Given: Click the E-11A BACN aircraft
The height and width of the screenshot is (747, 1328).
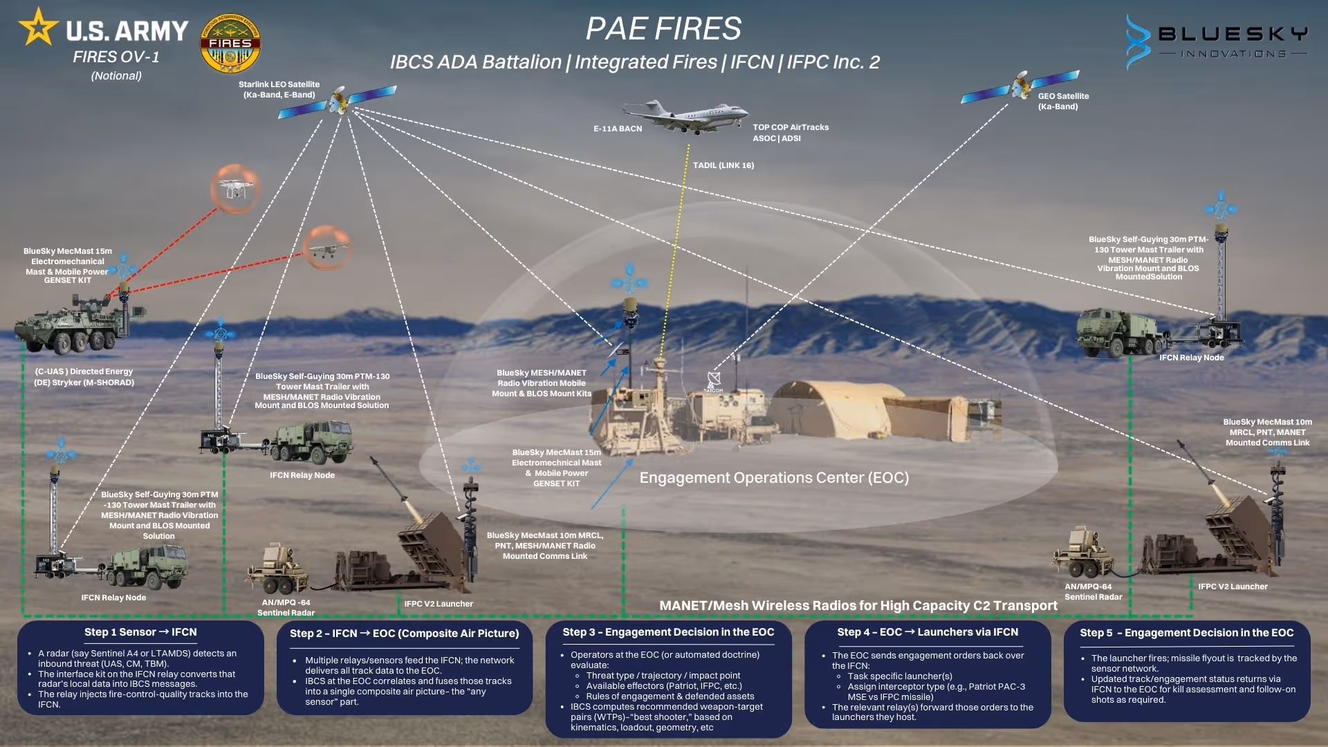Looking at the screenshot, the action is click(685, 115).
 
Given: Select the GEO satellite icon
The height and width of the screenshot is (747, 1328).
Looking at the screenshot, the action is click(1021, 86).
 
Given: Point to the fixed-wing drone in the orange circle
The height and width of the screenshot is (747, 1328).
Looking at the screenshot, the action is click(326, 248).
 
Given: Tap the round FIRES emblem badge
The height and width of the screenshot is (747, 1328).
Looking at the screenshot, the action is click(230, 44).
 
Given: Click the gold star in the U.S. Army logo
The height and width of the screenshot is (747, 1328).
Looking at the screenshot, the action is click(38, 27).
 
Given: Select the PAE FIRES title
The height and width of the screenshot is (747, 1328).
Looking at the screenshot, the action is click(663, 29).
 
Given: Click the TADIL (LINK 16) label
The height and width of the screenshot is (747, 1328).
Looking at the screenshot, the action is click(723, 165).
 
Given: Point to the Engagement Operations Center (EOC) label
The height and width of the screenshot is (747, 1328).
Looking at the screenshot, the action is click(774, 478).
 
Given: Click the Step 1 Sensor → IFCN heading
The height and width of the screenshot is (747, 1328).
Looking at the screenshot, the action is click(140, 632).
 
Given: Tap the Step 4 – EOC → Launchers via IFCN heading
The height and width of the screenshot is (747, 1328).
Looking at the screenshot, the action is click(928, 632).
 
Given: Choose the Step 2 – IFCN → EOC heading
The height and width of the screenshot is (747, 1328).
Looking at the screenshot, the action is click(404, 634).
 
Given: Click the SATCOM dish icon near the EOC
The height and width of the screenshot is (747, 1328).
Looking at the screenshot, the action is click(713, 380).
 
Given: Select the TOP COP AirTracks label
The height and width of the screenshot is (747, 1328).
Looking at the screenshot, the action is click(791, 127).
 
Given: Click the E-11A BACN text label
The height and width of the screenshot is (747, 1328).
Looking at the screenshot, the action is click(618, 129).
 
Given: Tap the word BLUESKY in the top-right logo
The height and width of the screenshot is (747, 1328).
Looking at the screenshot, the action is click(1233, 34).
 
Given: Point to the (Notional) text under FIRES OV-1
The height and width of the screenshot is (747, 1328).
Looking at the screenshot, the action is click(116, 76).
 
